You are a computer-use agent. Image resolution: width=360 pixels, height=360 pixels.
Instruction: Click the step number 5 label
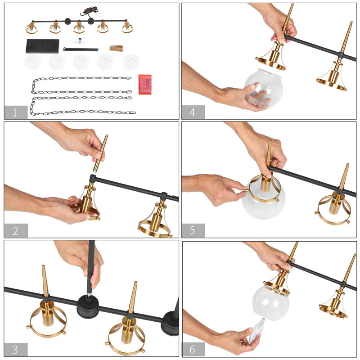tap(193, 230)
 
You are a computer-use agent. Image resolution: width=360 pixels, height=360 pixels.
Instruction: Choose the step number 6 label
tap(193, 349)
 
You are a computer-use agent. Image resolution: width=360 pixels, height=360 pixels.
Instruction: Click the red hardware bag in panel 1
tap(145, 84)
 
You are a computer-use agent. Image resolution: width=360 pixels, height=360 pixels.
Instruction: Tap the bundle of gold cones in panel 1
tap(116, 47)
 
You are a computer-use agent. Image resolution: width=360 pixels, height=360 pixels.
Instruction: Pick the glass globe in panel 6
tap(270, 301)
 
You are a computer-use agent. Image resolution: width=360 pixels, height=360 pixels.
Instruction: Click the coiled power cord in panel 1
tap(88, 14)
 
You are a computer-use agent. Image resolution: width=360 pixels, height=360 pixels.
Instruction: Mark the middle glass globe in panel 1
tap(81, 62)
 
